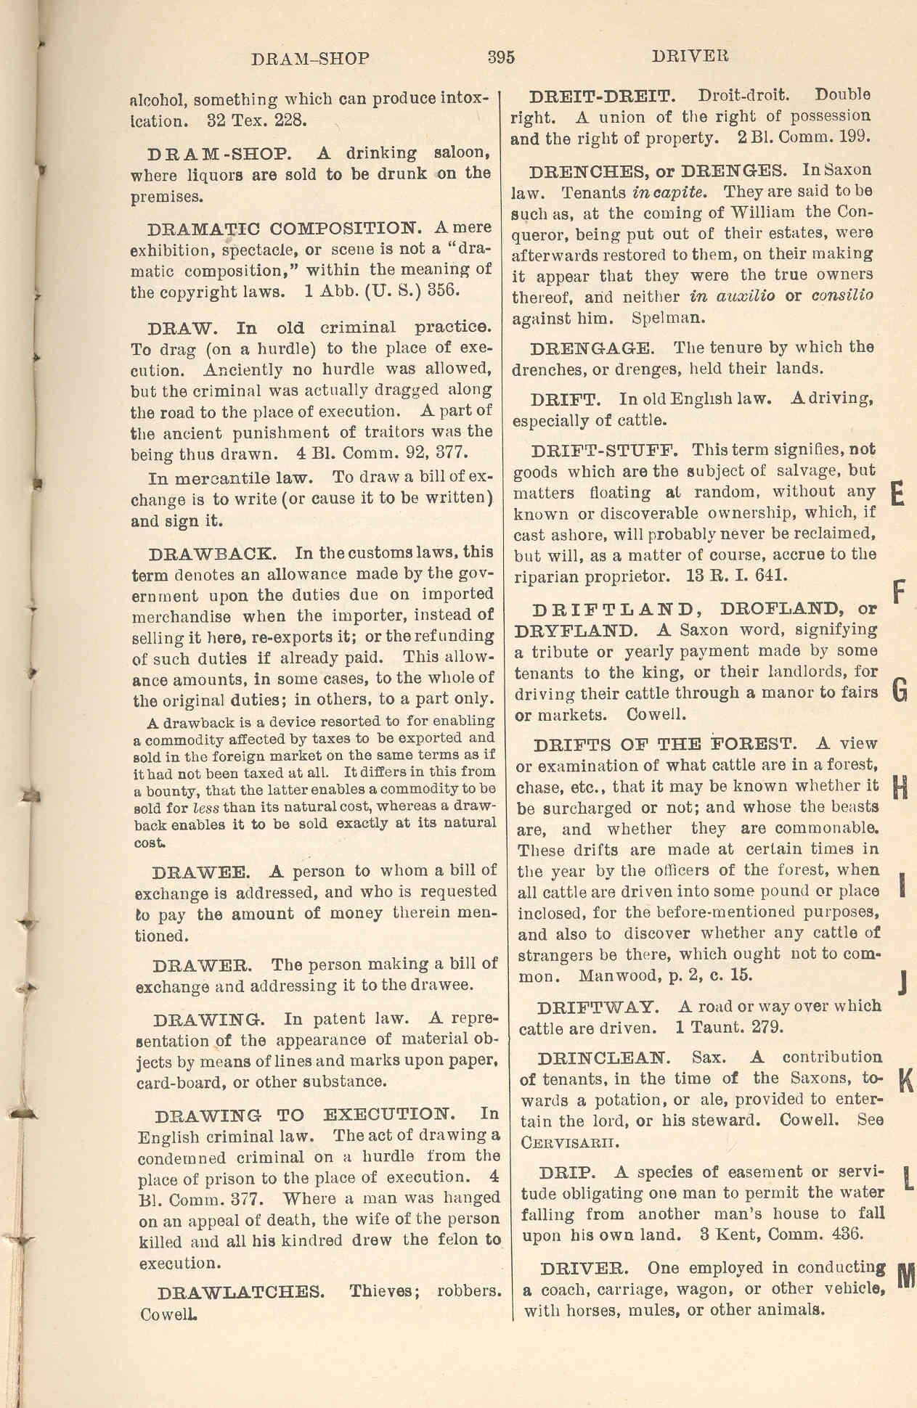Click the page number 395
501,57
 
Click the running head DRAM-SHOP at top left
310,59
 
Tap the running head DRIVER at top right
690,56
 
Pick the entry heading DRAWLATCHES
241,1293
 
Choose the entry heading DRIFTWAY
598,1007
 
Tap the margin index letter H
900,787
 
